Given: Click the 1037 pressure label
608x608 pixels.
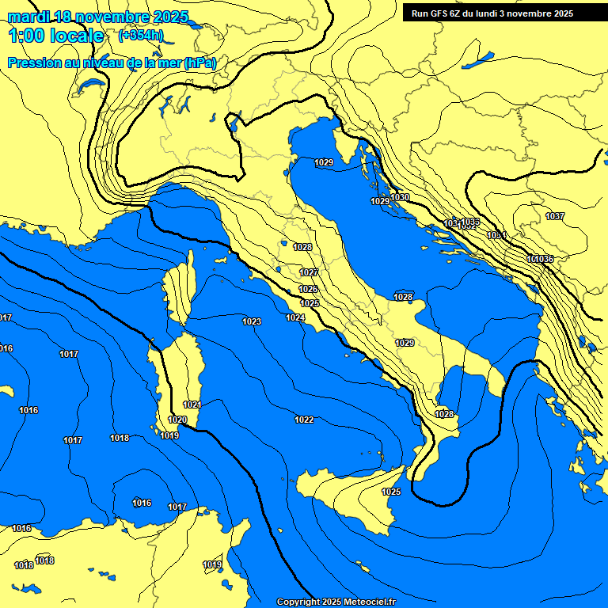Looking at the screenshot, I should point(555,216).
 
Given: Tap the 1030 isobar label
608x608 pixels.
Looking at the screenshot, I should point(401,197).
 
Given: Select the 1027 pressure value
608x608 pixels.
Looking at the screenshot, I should point(309,272).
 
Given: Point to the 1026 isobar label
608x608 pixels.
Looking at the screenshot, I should point(309,289).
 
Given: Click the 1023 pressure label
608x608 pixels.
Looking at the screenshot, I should point(252,321).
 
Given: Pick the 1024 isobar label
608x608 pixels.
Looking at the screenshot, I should point(295,317).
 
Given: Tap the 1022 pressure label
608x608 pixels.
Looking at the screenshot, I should point(304,420).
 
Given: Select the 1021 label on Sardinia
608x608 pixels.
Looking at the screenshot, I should point(192,405).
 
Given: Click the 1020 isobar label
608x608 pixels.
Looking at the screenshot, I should point(177,420).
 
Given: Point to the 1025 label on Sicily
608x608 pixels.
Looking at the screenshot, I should point(391,492).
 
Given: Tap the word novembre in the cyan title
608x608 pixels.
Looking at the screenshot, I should point(115,17).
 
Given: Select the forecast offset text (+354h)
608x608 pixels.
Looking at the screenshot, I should point(141,36).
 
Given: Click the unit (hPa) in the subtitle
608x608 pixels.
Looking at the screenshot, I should point(199,63).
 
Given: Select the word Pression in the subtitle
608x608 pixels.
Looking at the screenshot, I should point(33,63).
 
